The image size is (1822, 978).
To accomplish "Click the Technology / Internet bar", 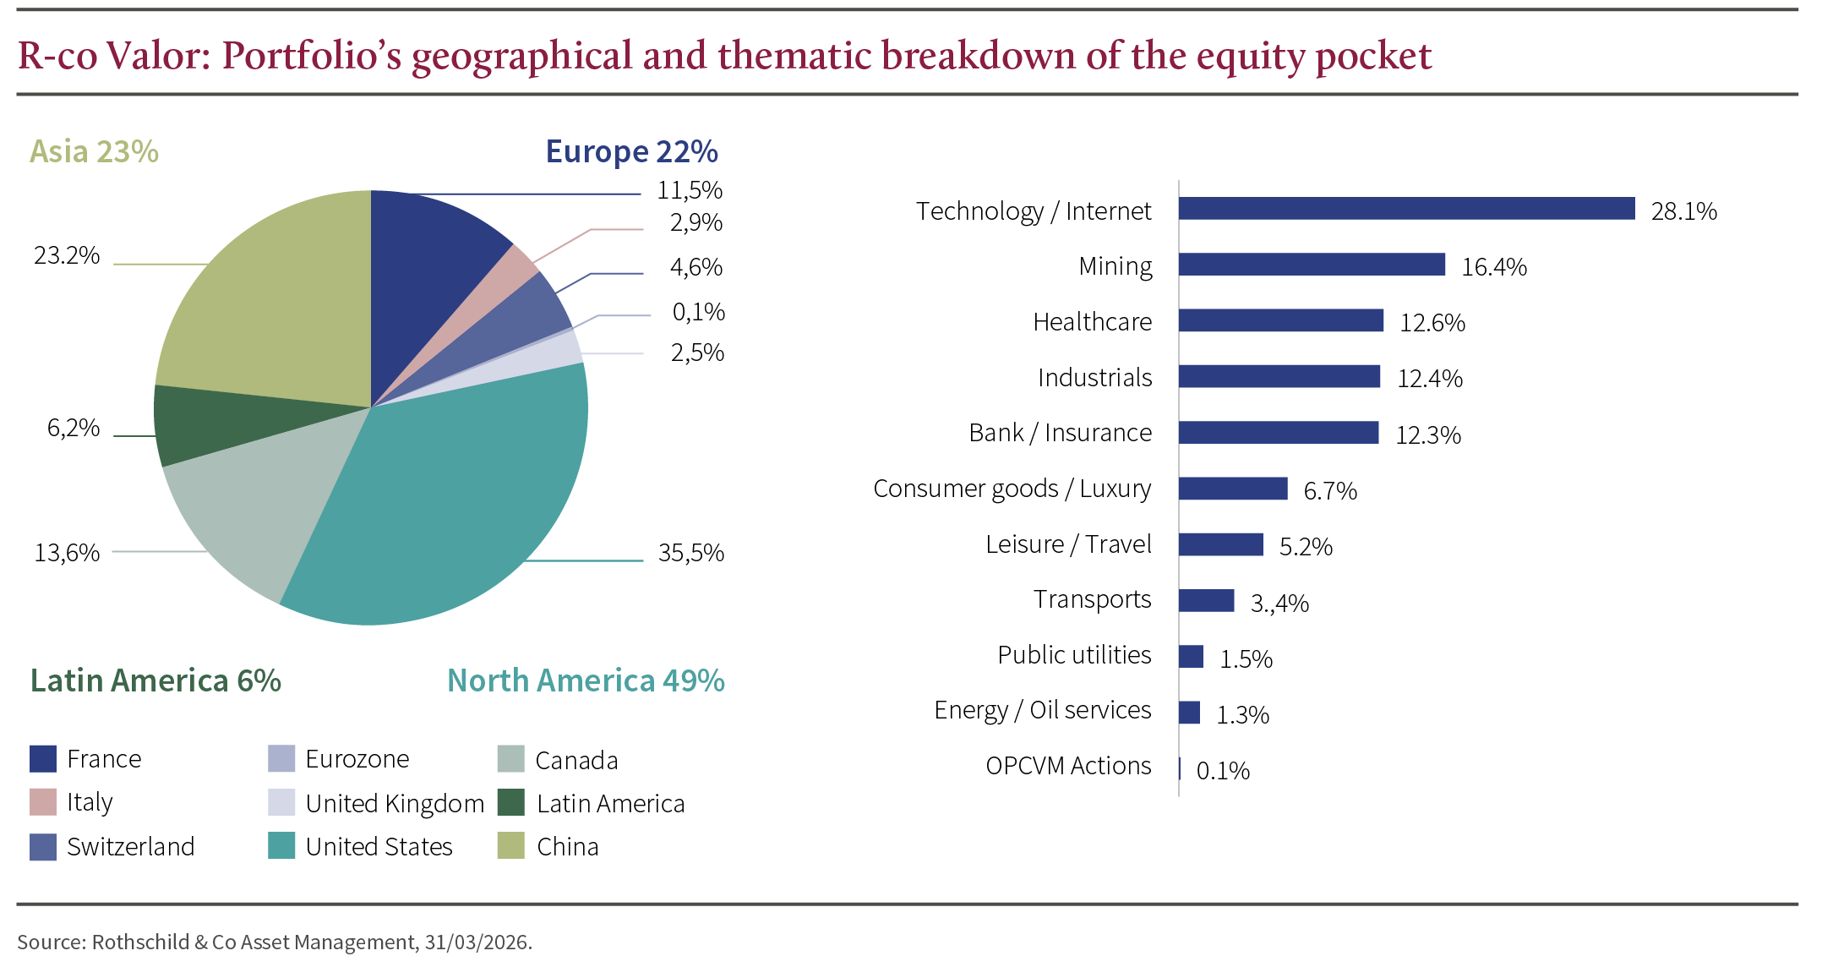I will coord(1406,209).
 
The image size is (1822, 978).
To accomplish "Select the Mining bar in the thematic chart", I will coord(1312,265).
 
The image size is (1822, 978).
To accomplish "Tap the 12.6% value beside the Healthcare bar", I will coord(1432,322).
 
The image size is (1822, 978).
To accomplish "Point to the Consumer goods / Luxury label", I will coord(1012,489).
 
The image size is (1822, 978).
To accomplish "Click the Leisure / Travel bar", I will coord(1220,544).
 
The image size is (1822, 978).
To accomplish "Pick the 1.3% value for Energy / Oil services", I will coord(1242,715).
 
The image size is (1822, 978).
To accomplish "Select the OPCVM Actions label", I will coord(1068,766).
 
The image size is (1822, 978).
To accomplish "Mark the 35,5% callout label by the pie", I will coord(690,553).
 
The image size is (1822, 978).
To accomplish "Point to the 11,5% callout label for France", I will coord(690,190).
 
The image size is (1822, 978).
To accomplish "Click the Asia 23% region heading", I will coord(94,151).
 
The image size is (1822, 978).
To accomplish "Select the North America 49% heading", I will coord(585,680).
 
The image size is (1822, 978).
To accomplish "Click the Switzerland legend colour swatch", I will coord(43,847).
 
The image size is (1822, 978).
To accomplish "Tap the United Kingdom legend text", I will coord(395,803).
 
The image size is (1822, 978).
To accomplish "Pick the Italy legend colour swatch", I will coord(43,802).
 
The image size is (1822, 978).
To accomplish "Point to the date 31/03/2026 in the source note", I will coord(477,942).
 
